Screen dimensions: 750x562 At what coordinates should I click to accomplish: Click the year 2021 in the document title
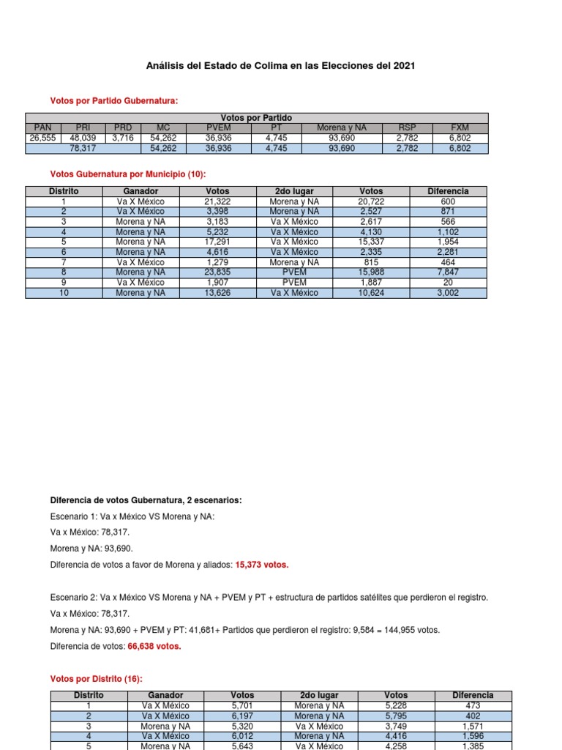tap(404, 66)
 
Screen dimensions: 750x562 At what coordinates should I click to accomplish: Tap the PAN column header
tap(43, 127)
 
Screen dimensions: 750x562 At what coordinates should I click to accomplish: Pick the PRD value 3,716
tap(123, 138)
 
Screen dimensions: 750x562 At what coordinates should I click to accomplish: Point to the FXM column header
tap(460, 127)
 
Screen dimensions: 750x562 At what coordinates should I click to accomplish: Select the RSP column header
tap(406, 127)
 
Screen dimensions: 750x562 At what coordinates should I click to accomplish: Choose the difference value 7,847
tap(449, 272)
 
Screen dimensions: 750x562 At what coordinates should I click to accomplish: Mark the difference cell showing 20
tap(449, 283)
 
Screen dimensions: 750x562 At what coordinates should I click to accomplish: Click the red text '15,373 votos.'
tap(261, 565)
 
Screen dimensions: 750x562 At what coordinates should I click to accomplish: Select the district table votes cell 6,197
tap(242, 716)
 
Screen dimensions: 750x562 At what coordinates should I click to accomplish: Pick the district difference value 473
tap(473, 705)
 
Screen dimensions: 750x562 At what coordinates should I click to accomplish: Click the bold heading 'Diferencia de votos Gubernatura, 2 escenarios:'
tap(146, 500)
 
